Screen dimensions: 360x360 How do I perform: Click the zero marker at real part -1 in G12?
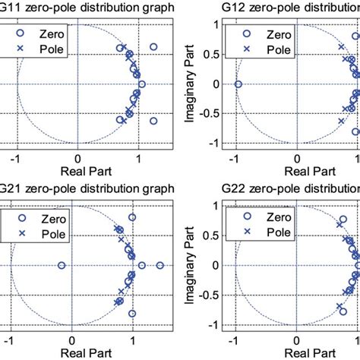(x=238, y=84)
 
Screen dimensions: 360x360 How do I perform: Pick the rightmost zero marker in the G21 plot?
(x=160, y=265)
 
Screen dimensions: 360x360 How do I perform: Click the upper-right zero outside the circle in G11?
(x=153, y=47)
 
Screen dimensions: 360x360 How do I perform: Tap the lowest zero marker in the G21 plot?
(x=132, y=313)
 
